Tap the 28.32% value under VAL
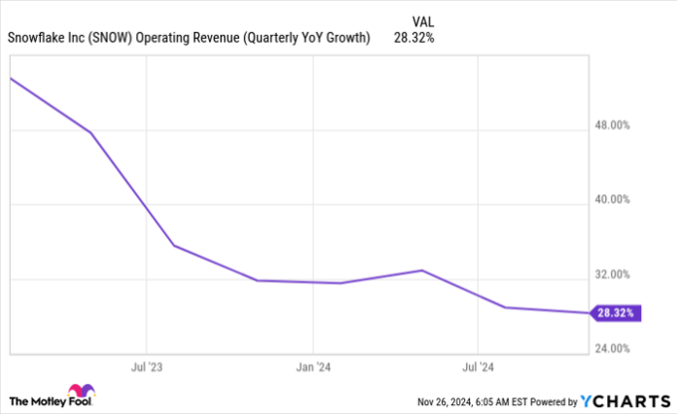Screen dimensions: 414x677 click(413, 38)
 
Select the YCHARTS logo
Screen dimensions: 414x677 click(623, 399)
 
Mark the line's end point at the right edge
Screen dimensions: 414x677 click(588, 313)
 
